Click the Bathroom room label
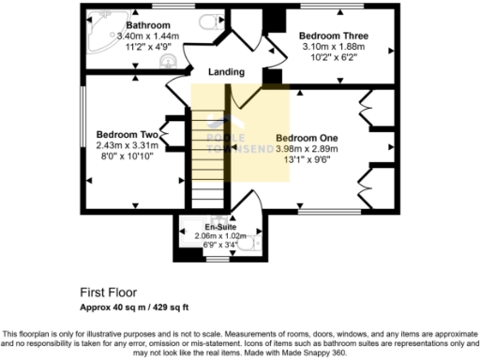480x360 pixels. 148,25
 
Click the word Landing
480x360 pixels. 226,72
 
